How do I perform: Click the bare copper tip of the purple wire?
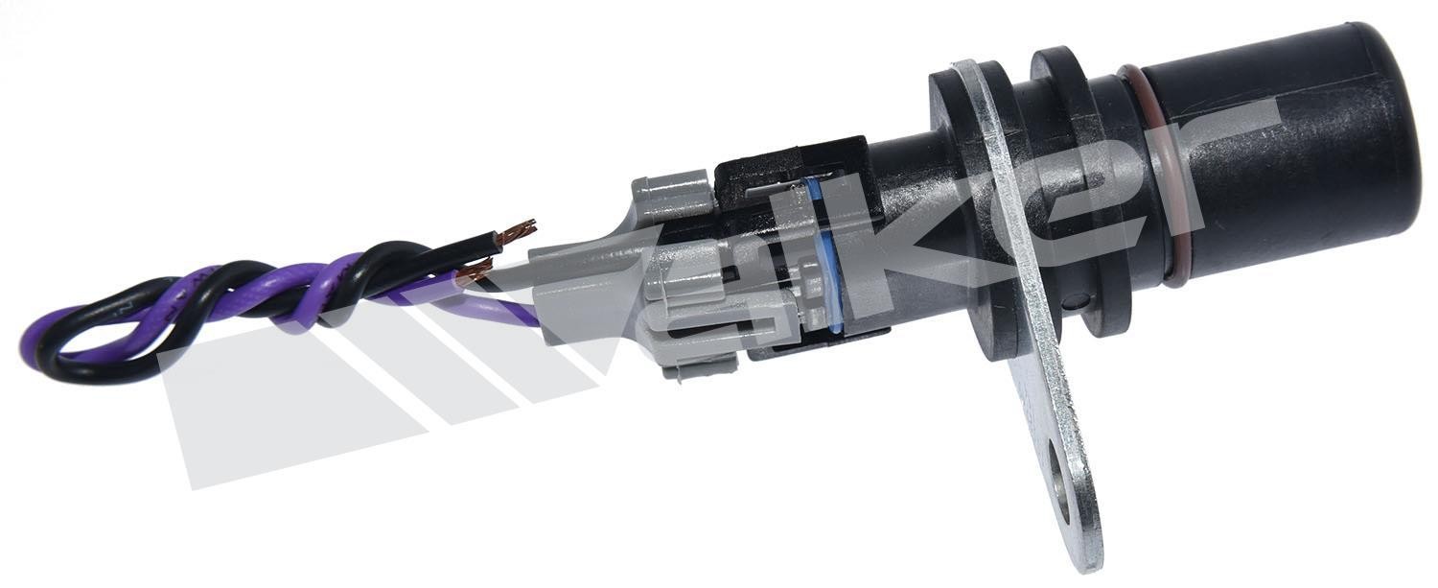pyautogui.click(x=474, y=275)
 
